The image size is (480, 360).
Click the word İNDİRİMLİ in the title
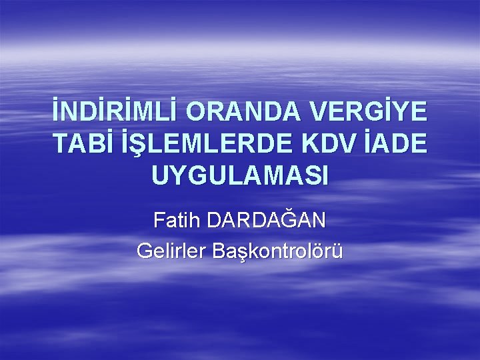[115, 113]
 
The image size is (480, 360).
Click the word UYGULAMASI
[240, 175]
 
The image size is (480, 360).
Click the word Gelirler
[171, 251]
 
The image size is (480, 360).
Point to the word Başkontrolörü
[278, 252]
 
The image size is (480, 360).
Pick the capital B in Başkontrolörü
[219, 251]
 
